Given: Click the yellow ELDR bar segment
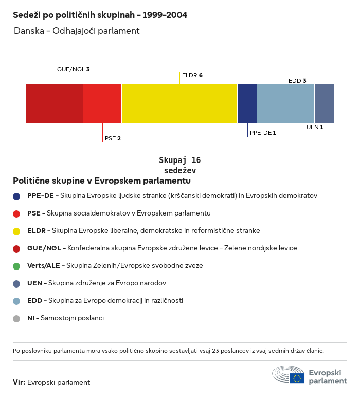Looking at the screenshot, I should pos(179,104).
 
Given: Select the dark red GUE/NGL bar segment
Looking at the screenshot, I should pos(54,104).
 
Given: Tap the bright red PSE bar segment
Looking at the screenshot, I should pos(102,104).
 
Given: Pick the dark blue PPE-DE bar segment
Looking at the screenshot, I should pos(247,104).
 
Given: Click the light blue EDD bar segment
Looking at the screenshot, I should pos(285,104).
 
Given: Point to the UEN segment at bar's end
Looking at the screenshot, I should pos(325,104).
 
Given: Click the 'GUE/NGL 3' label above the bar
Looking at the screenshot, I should pos(74,69).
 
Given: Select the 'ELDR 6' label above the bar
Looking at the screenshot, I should pos(192,75).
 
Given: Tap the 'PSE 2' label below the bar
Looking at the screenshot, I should pos(113,138).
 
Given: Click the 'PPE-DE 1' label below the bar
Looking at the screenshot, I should pos(263,133).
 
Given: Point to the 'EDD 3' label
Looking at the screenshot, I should pos(297,81).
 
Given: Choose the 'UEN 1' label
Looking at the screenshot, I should pos(314,127).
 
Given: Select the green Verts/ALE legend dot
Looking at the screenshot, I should pos(16,266).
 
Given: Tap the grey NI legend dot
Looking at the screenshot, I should pos(16,318).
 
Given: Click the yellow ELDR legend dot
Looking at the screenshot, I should pos(16,231).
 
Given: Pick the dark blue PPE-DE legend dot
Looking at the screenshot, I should pos(16,196).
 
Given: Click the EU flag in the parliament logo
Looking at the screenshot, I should pos(297,378).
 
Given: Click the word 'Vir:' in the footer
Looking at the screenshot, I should pos(19,382).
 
